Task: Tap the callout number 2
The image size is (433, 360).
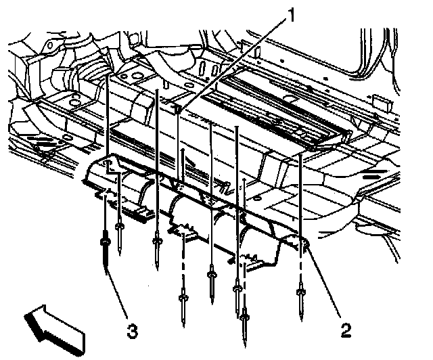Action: click(x=346, y=330)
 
